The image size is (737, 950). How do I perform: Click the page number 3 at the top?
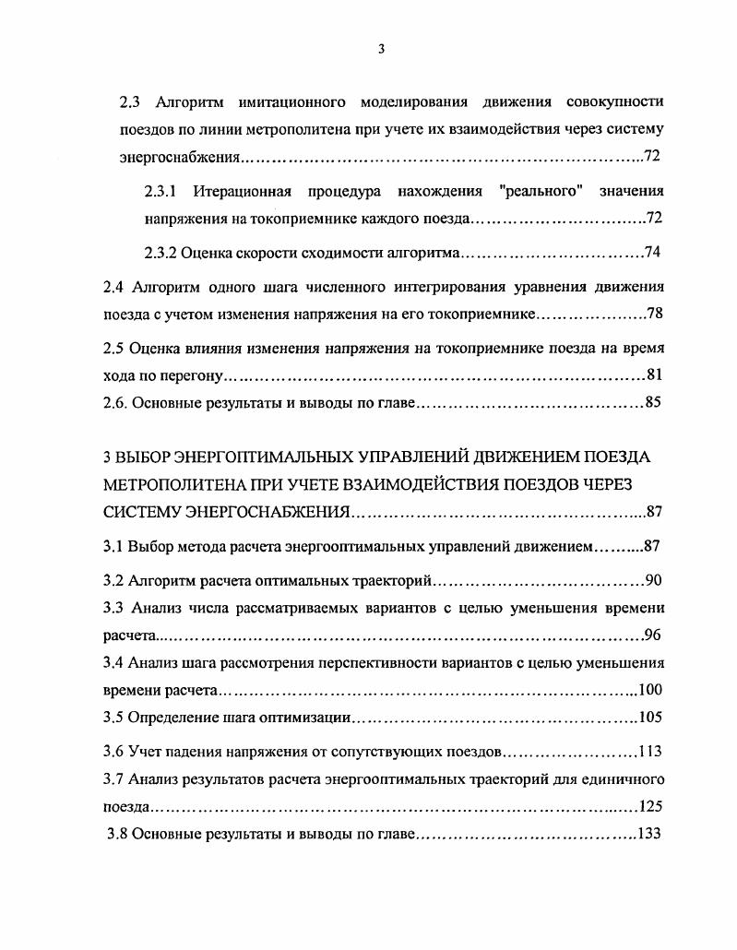[x=381, y=50]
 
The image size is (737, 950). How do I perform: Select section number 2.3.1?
[x=161, y=192]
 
